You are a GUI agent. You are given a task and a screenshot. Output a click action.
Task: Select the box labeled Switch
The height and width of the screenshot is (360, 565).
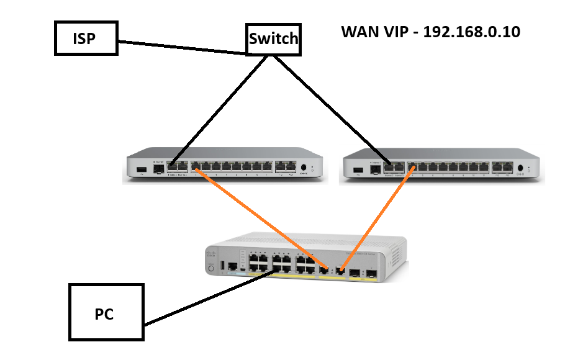[x=273, y=40]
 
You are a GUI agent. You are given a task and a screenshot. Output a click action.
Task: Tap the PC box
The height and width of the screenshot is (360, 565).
[x=106, y=313]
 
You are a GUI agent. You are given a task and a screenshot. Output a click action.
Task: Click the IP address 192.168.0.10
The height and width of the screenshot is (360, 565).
[x=471, y=32]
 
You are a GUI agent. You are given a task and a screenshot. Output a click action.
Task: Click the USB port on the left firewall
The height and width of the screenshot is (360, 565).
[x=142, y=168]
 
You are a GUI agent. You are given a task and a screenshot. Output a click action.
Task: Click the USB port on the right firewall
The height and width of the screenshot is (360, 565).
[x=358, y=168]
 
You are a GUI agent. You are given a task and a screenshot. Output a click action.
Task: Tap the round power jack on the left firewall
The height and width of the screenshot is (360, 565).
[x=304, y=167]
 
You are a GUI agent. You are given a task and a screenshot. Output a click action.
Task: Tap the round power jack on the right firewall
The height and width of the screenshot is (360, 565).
[x=520, y=168]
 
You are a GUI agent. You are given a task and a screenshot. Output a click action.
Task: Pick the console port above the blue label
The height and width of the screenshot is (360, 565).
[x=232, y=266]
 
